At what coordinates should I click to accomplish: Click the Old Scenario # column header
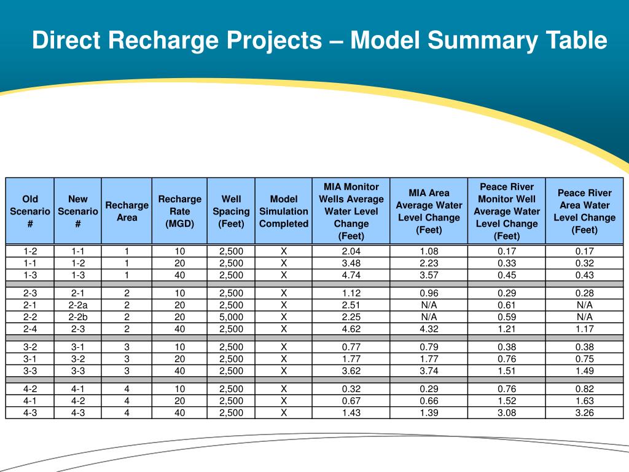[x=30, y=211]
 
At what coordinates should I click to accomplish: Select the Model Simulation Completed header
[x=283, y=211]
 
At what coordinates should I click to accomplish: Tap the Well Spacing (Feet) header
[x=231, y=211]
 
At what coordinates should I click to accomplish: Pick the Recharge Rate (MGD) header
[x=179, y=211]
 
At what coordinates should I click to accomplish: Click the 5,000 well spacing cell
[x=231, y=317]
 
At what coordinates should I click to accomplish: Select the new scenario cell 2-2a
[x=78, y=305]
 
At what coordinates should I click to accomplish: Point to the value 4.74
[x=351, y=275]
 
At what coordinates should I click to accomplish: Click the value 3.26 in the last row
[x=584, y=412]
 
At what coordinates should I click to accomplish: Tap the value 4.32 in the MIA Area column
[x=429, y=329]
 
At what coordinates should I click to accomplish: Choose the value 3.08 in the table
[x=506, y=412]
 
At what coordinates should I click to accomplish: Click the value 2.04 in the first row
[x=351, y=251]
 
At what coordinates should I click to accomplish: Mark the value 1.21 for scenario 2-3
[x=506, y=329]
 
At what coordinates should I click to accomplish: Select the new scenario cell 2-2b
[x=78, y=317]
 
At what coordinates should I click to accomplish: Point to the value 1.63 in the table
[x=584, y=401]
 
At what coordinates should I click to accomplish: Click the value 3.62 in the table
[x=351, y=371]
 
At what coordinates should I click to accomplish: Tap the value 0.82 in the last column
[x=584, y=388]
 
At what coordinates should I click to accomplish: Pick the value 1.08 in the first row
[x=429, y=251]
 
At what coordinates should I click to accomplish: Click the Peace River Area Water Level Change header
[x=584, y=211]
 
